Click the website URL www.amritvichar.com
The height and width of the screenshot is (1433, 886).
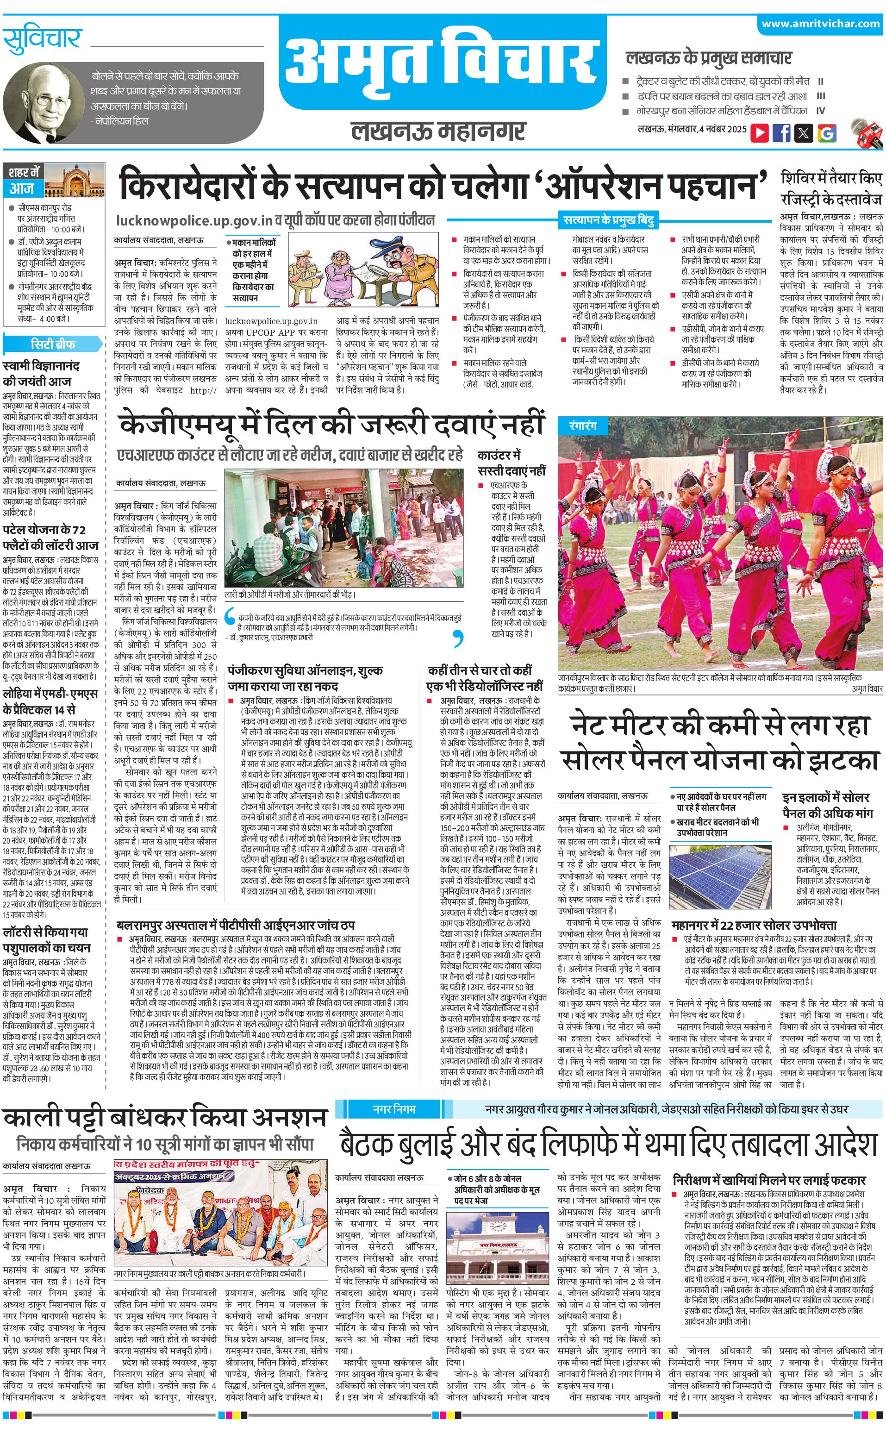(820, 24)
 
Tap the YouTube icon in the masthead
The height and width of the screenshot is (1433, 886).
(760, 132)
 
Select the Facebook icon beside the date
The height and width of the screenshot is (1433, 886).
(782, 132)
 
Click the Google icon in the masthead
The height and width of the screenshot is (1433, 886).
(827, 133)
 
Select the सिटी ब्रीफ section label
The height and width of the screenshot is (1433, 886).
(53, 344)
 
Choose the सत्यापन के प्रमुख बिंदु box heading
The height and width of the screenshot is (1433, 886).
(608, 220)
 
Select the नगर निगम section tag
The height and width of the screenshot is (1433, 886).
(394, 1108)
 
